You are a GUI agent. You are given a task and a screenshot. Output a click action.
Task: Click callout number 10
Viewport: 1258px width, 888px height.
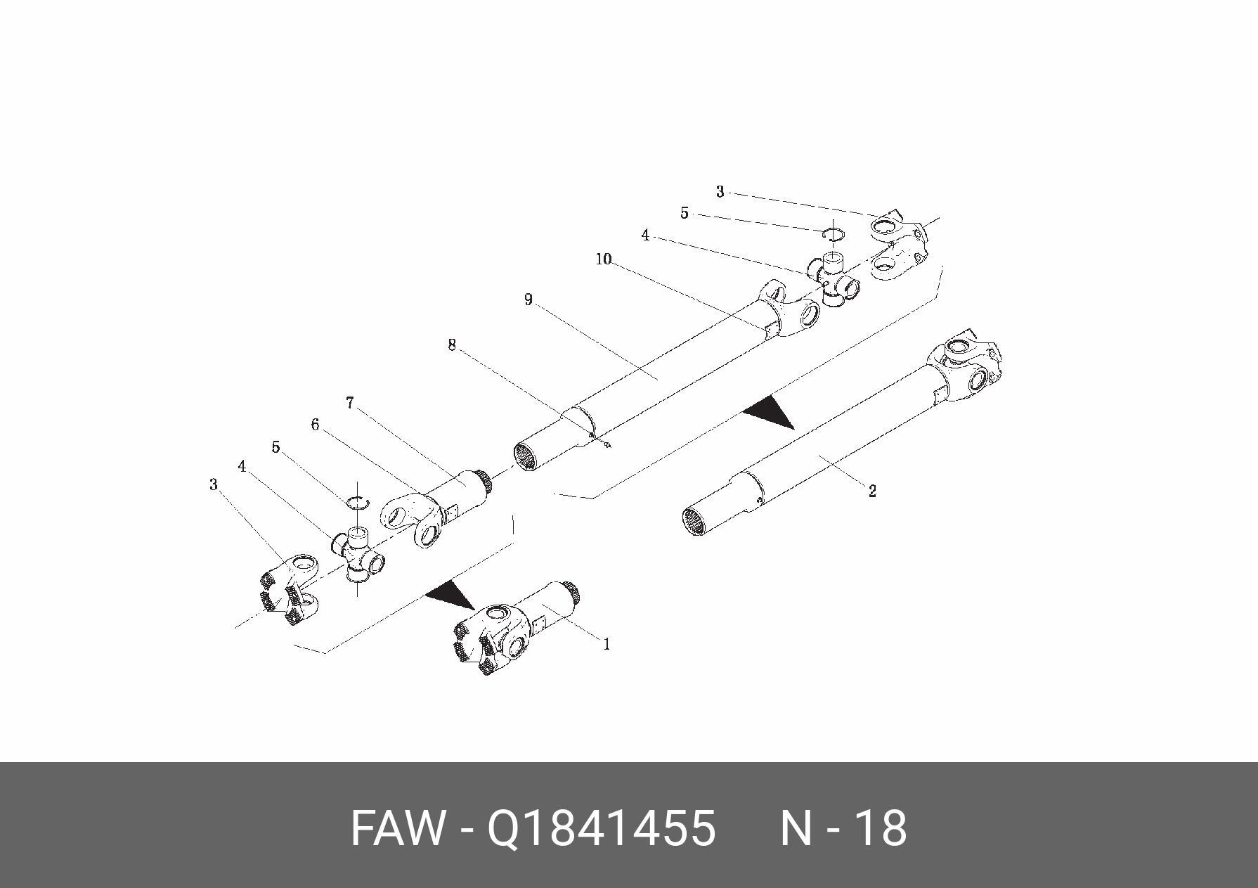[604, 259]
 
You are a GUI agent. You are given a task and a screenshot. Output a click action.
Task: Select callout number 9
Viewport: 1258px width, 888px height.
[528, 300]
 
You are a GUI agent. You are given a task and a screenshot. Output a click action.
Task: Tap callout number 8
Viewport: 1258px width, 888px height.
[452, 345]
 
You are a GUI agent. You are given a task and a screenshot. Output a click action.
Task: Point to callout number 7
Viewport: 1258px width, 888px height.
[349, 403]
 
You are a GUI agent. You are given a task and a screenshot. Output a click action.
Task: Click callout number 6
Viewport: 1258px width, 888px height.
[315, 425]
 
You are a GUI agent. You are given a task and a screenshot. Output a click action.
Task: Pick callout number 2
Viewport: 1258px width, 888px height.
[872, 491]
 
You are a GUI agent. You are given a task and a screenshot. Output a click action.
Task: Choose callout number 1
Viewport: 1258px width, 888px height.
[607, 643]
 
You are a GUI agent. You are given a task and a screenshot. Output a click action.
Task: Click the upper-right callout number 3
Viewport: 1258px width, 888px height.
[720, 191]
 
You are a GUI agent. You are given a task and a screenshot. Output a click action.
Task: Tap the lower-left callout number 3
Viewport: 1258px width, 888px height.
[214, 484]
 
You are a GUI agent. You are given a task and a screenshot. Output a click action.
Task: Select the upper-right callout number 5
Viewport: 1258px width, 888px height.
[685, 212]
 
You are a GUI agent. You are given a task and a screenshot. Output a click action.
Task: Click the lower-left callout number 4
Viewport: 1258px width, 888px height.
[242, 466]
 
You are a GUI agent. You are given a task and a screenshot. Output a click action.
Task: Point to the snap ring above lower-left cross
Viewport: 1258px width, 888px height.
[358, 501]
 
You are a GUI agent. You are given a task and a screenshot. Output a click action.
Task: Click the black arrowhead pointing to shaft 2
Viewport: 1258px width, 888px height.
[770, 411]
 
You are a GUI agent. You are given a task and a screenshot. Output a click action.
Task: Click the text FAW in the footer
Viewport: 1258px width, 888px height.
[398, 828]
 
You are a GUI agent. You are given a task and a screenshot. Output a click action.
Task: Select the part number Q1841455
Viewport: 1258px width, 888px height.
[602, 828]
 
